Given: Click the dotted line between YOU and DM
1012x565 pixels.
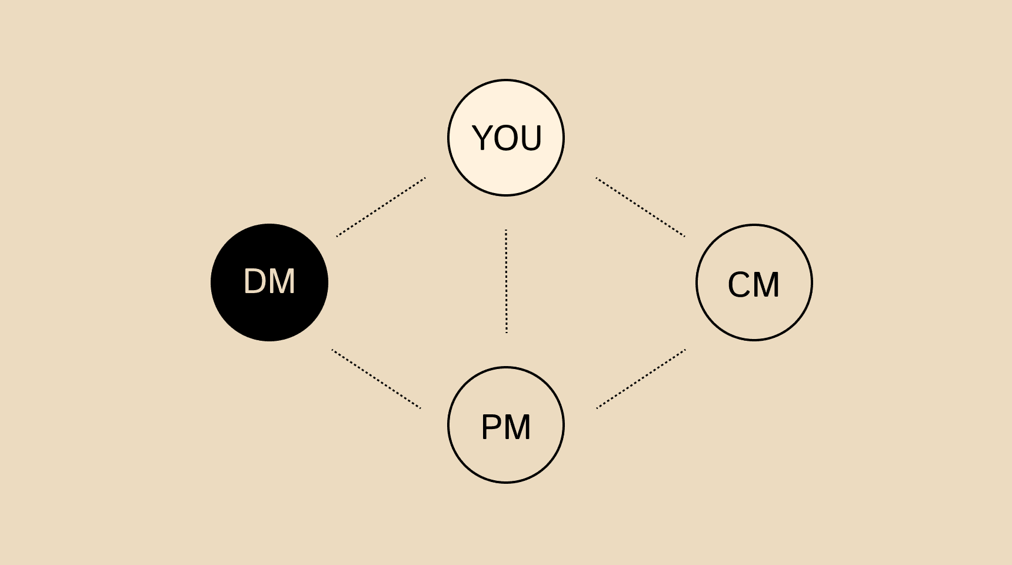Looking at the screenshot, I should (x=381, y=207).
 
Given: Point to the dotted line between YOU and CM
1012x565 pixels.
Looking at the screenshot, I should (x=640, y=207).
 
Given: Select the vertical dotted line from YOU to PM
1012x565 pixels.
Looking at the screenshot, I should (x=506, y=281).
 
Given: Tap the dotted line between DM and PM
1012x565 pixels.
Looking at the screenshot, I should (x=377, y=379).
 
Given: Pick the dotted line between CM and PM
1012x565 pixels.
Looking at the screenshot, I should (x=641, y=379).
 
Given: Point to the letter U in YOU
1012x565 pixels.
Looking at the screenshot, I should (x=531, y=138).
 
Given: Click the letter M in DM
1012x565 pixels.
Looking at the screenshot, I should (x=283, y=281).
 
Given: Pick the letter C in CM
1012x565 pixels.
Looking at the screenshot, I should (x=739, y=285).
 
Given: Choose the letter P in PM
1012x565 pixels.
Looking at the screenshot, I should (x=492, y=427).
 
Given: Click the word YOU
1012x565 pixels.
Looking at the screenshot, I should (x=507, y=138).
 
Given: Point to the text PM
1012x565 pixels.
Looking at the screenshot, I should (x=506, y=427).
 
